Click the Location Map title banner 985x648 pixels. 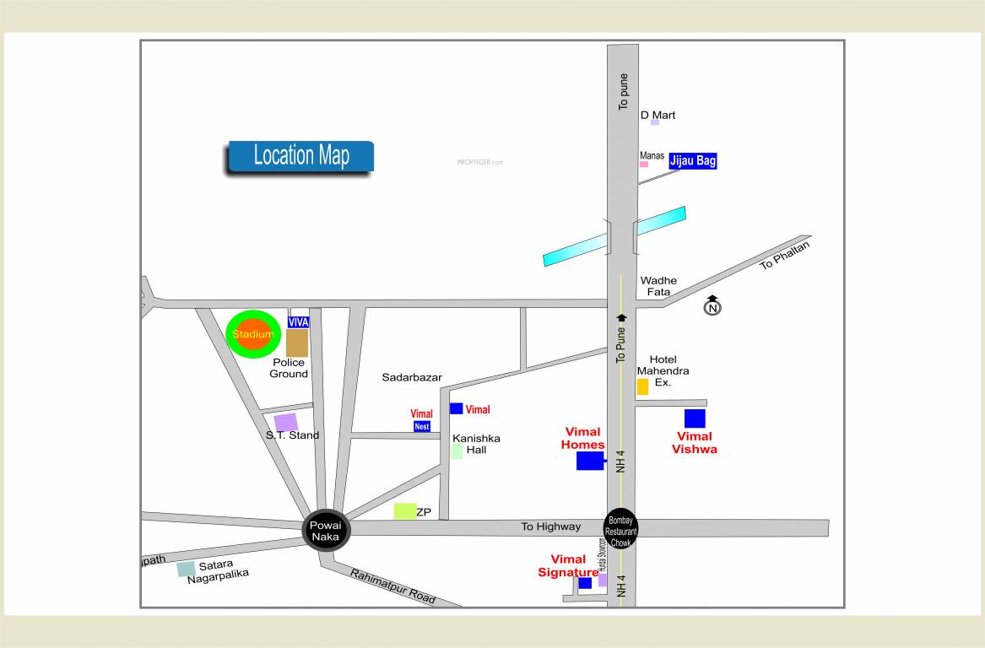300,156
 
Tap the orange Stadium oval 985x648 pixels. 253,334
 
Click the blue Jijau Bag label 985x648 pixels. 693,160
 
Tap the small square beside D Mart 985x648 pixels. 654,122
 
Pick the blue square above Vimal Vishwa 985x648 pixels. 695,418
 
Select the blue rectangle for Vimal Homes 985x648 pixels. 590,461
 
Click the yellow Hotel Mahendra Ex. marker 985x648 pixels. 642,386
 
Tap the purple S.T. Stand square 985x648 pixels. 285,422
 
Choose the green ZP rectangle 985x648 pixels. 405,510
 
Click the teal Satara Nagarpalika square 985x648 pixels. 186,569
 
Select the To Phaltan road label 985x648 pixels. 784,255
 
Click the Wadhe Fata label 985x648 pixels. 658,286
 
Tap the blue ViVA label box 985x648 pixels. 298,322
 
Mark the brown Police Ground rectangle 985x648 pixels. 297,343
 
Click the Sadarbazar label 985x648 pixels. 411,377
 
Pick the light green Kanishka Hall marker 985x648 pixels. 457,451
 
